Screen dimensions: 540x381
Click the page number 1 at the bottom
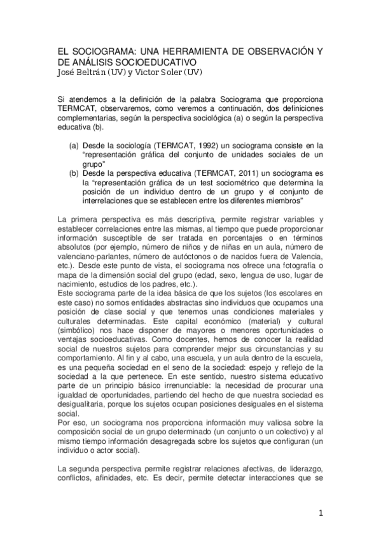click(x=322, y=513)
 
